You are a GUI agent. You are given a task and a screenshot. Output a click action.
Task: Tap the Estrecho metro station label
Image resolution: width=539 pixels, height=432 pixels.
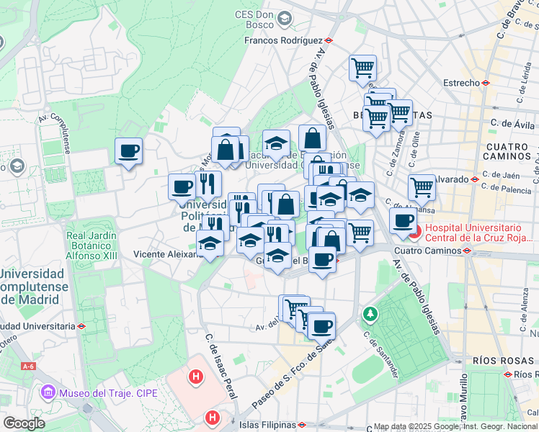click(461, 83)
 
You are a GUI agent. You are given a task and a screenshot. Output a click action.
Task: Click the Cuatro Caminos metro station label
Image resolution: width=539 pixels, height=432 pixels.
click(427, 251)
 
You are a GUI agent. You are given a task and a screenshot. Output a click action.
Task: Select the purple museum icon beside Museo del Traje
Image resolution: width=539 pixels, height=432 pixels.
click(48, 393)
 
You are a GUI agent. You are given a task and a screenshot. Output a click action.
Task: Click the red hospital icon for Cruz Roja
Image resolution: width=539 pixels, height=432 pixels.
click(416, 233)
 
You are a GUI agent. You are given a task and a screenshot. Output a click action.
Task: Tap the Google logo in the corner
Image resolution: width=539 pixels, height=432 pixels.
click(23, 423)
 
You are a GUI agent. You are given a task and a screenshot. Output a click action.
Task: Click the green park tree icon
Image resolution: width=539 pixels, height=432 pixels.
click(370, 314)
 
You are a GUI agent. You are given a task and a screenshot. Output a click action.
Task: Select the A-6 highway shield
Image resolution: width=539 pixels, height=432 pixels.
click(28, 366)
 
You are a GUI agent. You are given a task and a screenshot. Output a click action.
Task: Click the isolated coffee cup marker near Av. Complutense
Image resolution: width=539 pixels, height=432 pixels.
click(128, 151)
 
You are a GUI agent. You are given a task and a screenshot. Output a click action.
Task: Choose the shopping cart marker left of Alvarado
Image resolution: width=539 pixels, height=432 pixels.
click(422, 187)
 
